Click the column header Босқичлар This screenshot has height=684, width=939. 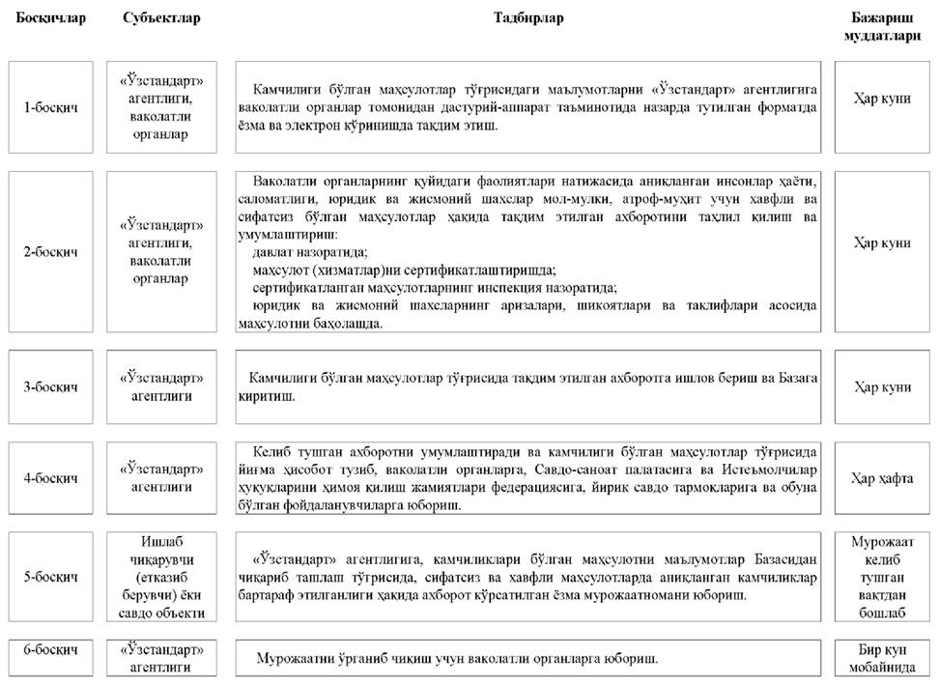[x=51, y=18]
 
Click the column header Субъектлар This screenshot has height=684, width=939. [x=161, y=18]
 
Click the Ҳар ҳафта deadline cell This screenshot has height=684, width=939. [x=882, y=478]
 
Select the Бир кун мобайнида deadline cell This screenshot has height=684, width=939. [x=882, y=657]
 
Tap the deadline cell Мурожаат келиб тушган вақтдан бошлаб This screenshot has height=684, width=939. [x=882, y=577]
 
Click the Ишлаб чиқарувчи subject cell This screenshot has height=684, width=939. [x=161, y=577]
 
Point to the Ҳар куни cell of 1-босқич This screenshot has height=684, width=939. [x=882, y=99]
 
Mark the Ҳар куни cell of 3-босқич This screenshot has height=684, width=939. [x=882, y=386]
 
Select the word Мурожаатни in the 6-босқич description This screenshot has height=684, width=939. [x=291, y=658]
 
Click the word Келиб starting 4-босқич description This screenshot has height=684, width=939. [x=274, y=450]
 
